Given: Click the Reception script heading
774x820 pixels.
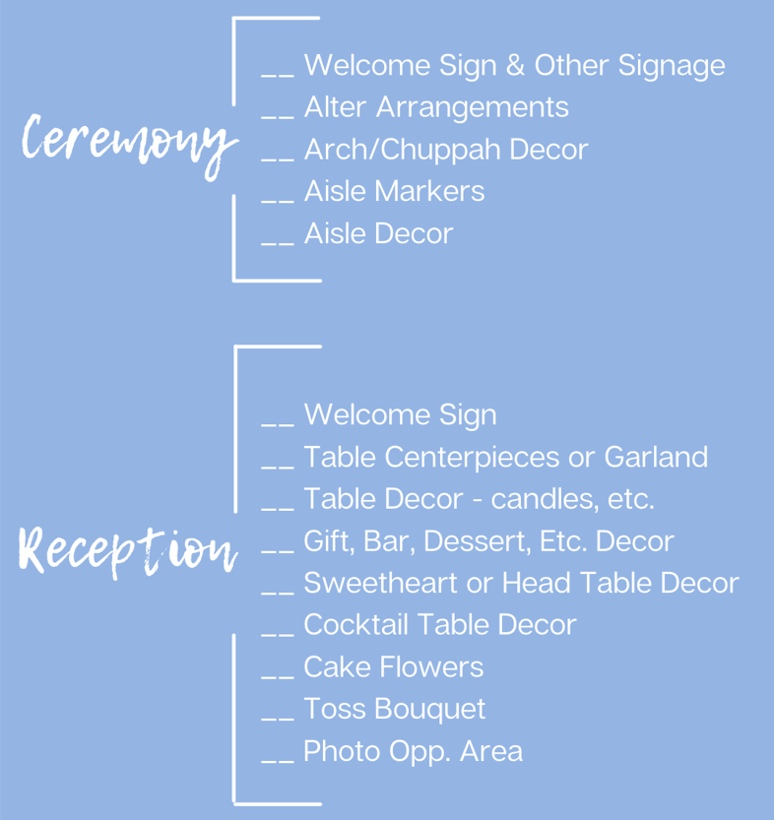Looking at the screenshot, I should point(128,551).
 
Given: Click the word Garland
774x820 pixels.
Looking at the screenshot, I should point(656,457).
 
